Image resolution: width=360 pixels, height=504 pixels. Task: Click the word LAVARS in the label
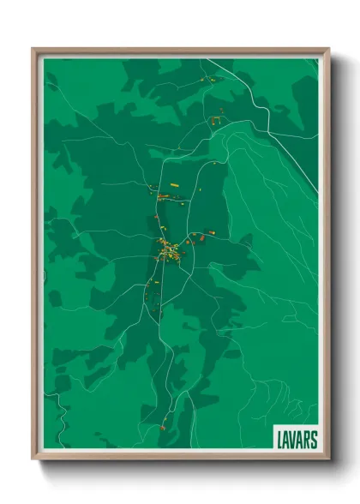tap(297, 439)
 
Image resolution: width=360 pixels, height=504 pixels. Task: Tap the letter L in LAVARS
tap(280, 439)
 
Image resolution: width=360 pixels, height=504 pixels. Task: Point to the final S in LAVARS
tap(314, 439)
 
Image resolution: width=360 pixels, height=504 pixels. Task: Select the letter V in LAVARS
tap(293, 439)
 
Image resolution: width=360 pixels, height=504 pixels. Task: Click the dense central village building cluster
tap(168, 252)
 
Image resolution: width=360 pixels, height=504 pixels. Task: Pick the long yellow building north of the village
tap(174, 184)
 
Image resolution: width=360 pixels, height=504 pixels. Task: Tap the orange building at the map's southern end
tap(162, 426)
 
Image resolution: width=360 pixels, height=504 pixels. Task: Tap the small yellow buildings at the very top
tap(208, 81)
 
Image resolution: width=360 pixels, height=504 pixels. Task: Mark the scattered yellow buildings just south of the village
tap(157, 283)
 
